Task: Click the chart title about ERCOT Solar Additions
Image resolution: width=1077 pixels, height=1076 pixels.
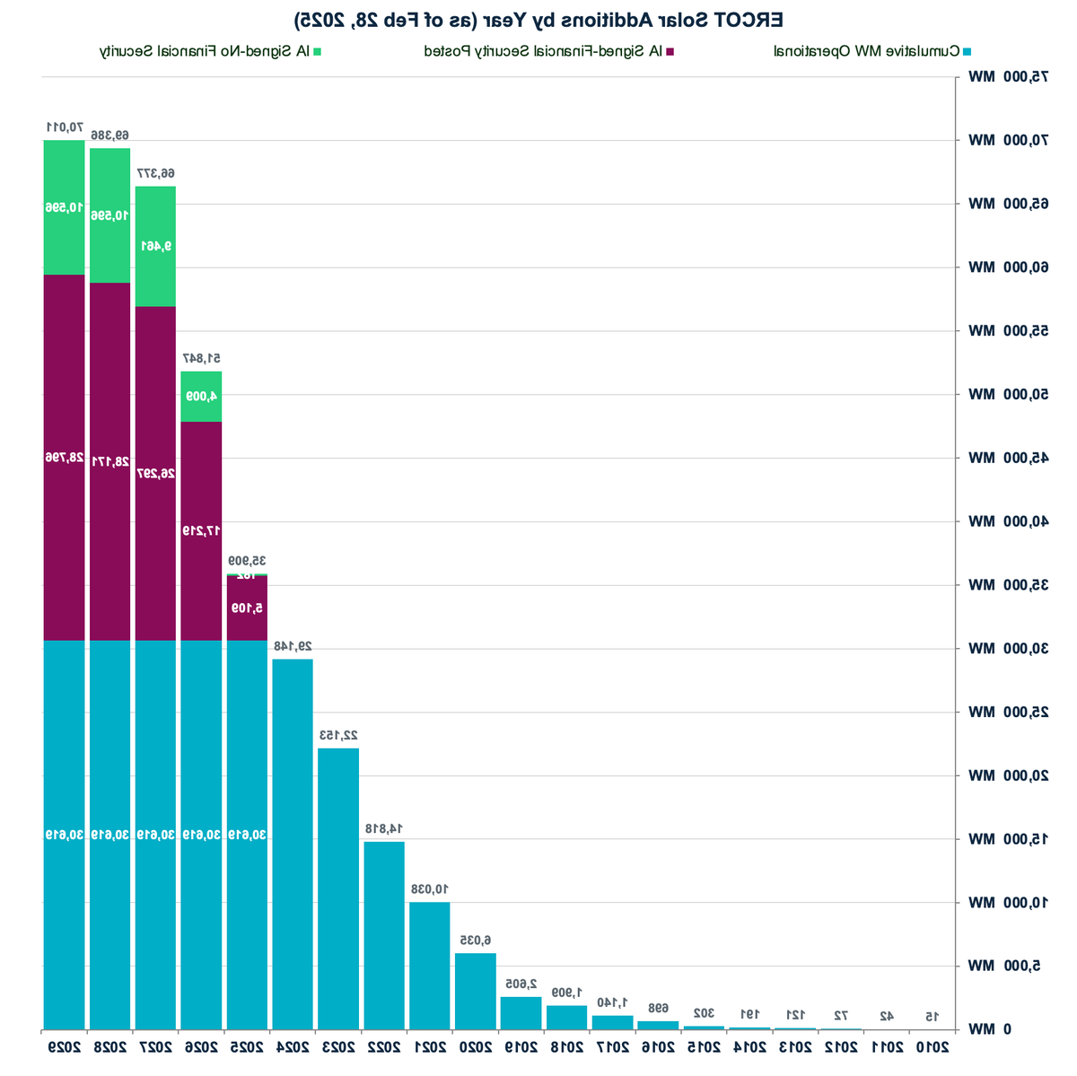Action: tap(538, 19)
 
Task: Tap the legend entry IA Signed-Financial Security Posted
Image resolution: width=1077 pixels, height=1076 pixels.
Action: tap(548, 51)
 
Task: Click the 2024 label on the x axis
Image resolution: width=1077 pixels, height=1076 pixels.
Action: tap(293, 1046)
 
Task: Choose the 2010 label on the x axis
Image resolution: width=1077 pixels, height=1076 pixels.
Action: tap(932, 1046)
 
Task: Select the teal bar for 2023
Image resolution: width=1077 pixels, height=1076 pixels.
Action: tap(338, 888)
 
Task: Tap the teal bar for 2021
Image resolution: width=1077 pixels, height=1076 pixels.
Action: tap(430, 966)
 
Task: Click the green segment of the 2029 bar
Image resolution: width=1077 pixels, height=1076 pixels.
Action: tap(64, 207)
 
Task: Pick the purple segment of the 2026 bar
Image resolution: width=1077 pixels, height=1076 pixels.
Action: tap(201, 530)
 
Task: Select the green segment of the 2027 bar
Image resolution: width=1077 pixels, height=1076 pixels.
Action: tap(155, 246)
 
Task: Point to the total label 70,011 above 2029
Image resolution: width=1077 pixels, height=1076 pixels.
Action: tap(64, 127)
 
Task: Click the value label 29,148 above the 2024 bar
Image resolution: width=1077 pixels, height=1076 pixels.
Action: tap(293, 646)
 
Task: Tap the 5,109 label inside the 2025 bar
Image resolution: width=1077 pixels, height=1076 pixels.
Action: tap(246, 608)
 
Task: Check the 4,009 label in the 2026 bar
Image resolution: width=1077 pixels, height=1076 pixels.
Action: tap(201, 396)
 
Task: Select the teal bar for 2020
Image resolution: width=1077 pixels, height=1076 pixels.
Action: tap(476, 991)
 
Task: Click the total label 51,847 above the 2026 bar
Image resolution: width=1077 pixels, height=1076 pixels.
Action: tap(201, 358)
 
